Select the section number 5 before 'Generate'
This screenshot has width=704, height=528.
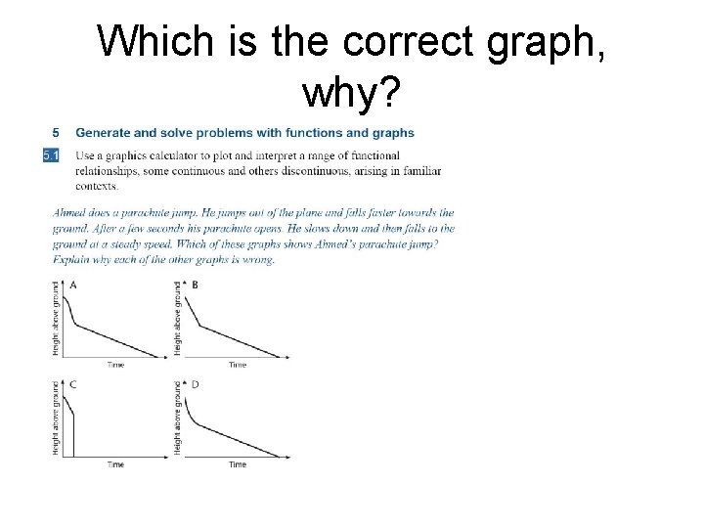56,133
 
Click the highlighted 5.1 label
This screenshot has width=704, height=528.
52,155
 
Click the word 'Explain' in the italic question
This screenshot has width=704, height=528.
70,260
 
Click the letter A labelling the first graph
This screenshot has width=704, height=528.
72,285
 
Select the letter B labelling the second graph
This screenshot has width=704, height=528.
196,285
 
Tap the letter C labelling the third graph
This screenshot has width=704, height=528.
72,384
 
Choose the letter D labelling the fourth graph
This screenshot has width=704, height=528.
196,384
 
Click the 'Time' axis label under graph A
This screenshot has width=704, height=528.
115,365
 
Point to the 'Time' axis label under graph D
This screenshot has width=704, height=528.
238,464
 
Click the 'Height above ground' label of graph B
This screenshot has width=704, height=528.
177,318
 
